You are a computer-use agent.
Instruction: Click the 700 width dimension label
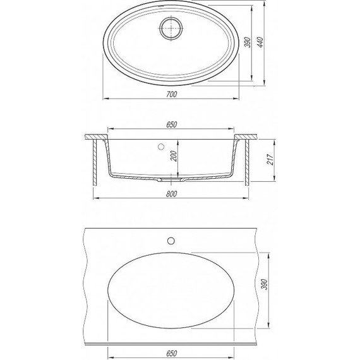(x=172, y=94)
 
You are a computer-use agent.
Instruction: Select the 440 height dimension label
(x=260, y=42)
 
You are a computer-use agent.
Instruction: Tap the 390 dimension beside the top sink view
(x=248, y=42)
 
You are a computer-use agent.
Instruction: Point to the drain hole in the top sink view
(x=172, y=28)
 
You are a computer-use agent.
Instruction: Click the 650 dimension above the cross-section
(x=172, y=124)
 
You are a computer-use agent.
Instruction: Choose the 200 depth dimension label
(x=174, y=156)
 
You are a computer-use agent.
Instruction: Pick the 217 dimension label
(x=271, y=159)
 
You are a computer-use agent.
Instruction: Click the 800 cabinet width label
(x=172, y=194)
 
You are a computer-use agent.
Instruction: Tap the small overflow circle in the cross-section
(x=161, y=147)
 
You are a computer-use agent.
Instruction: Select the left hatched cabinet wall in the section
(x=95, y=162)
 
